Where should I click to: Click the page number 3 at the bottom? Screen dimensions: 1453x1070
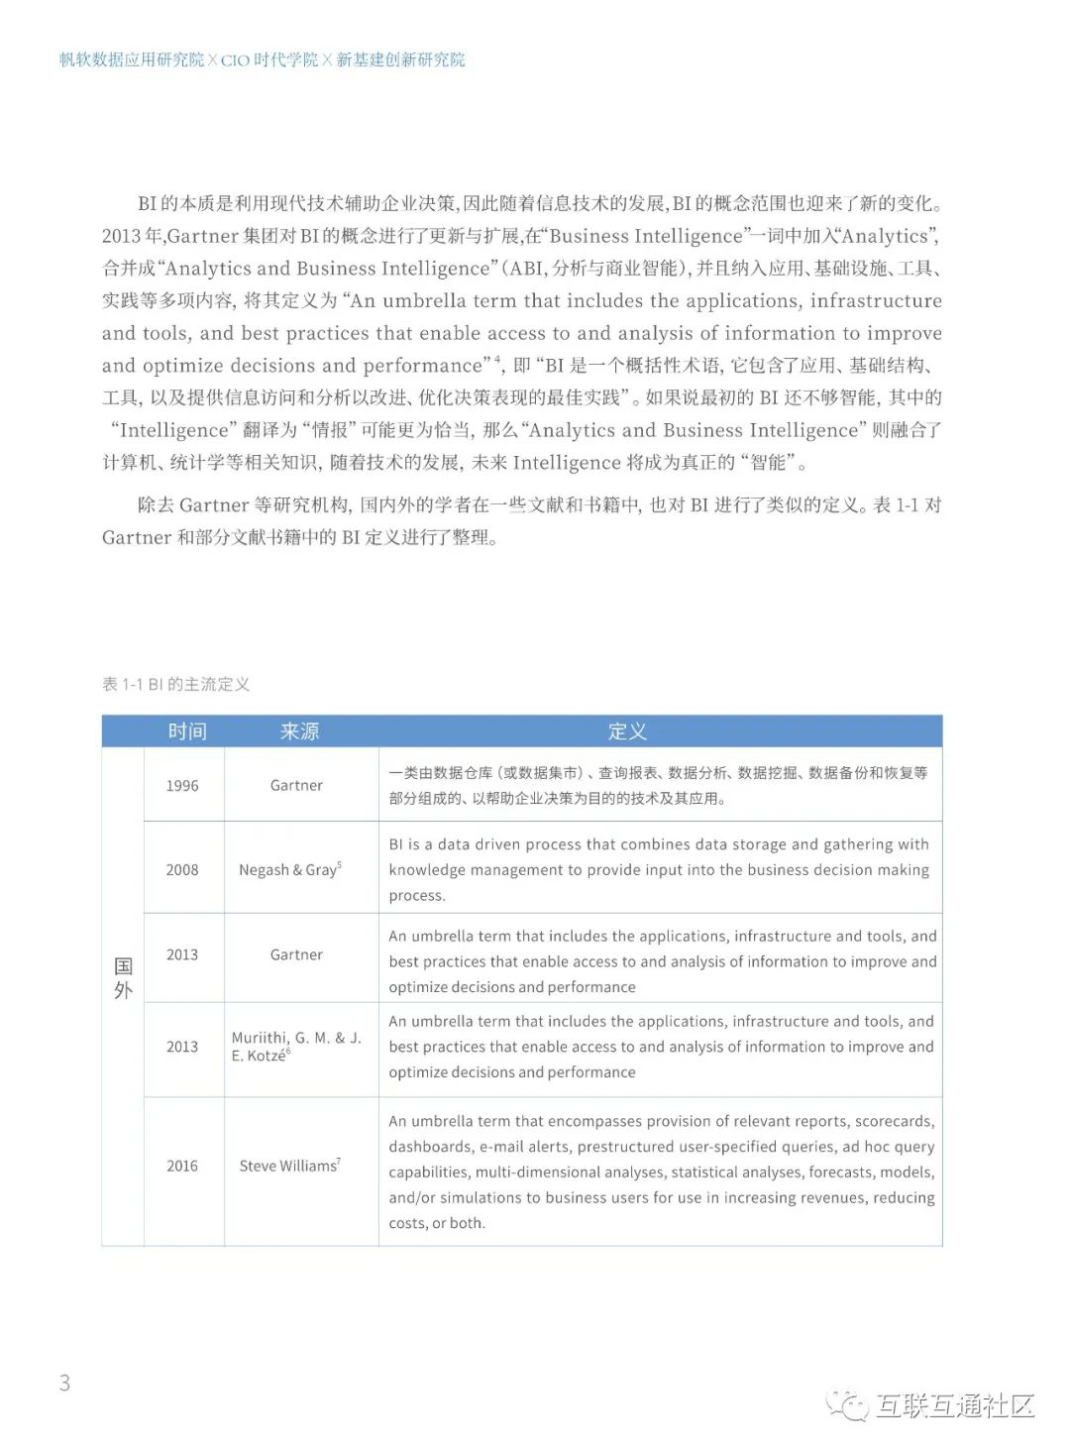[65, 1383]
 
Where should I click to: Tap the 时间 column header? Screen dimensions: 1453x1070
[187, 731]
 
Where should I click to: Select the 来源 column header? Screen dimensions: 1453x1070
[299, 731]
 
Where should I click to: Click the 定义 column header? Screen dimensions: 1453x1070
[627, 731]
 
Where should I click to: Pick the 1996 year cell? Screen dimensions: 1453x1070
[182, 786]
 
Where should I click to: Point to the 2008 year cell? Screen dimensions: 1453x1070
[182, 870]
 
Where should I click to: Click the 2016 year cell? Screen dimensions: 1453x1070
[182, 1167]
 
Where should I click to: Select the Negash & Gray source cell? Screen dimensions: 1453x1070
[289, 870]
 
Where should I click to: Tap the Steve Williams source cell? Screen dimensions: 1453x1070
[289, 1167]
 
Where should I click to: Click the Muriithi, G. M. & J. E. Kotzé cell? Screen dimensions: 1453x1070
[295, 1047]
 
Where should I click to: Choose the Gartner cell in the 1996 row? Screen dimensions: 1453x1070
[296, 786]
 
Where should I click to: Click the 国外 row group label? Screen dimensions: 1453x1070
[123, 978]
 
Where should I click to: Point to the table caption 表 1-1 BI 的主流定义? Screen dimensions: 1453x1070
[176, 685]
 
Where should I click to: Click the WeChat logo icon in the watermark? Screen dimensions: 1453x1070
[848, 1404]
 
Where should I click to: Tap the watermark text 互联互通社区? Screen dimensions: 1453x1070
[955, 1405]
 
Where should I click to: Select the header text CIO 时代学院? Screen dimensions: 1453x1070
[269, 60]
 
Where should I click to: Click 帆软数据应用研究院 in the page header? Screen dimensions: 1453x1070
[132, 60]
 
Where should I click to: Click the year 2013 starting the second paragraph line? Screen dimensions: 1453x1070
[121, 237]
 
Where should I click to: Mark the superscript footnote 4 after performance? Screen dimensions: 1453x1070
[497, 360]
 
